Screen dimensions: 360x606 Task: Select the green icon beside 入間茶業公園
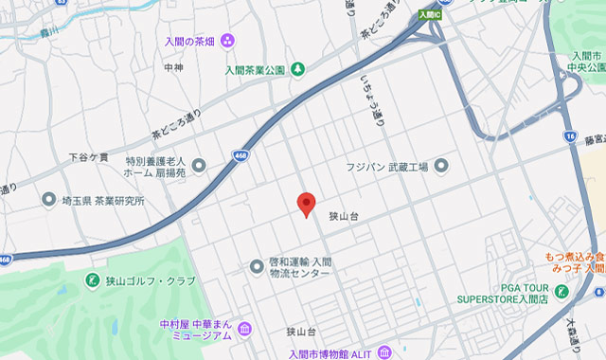tap(297, 68)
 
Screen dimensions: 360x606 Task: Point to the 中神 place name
tap(173, 68)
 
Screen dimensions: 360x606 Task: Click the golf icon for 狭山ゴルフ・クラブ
tap(93, 280)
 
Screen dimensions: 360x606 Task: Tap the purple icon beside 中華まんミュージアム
tap(245, 329)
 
